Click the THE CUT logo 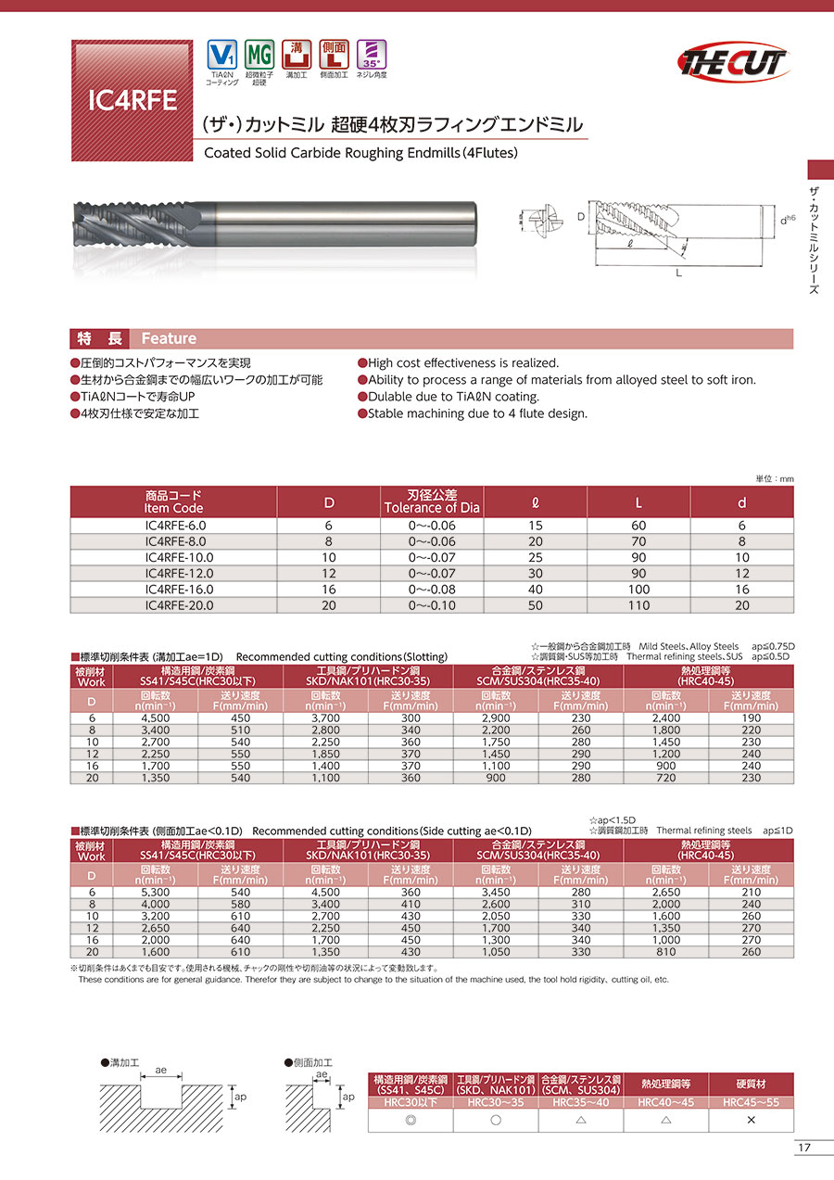733,62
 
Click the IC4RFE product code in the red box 132,100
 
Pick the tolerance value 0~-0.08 432,589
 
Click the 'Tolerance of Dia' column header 432,501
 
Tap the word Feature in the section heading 169,338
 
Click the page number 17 803,1148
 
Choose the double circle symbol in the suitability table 411,1119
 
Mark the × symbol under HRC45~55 751,1119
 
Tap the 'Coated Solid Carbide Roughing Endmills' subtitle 360,153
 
